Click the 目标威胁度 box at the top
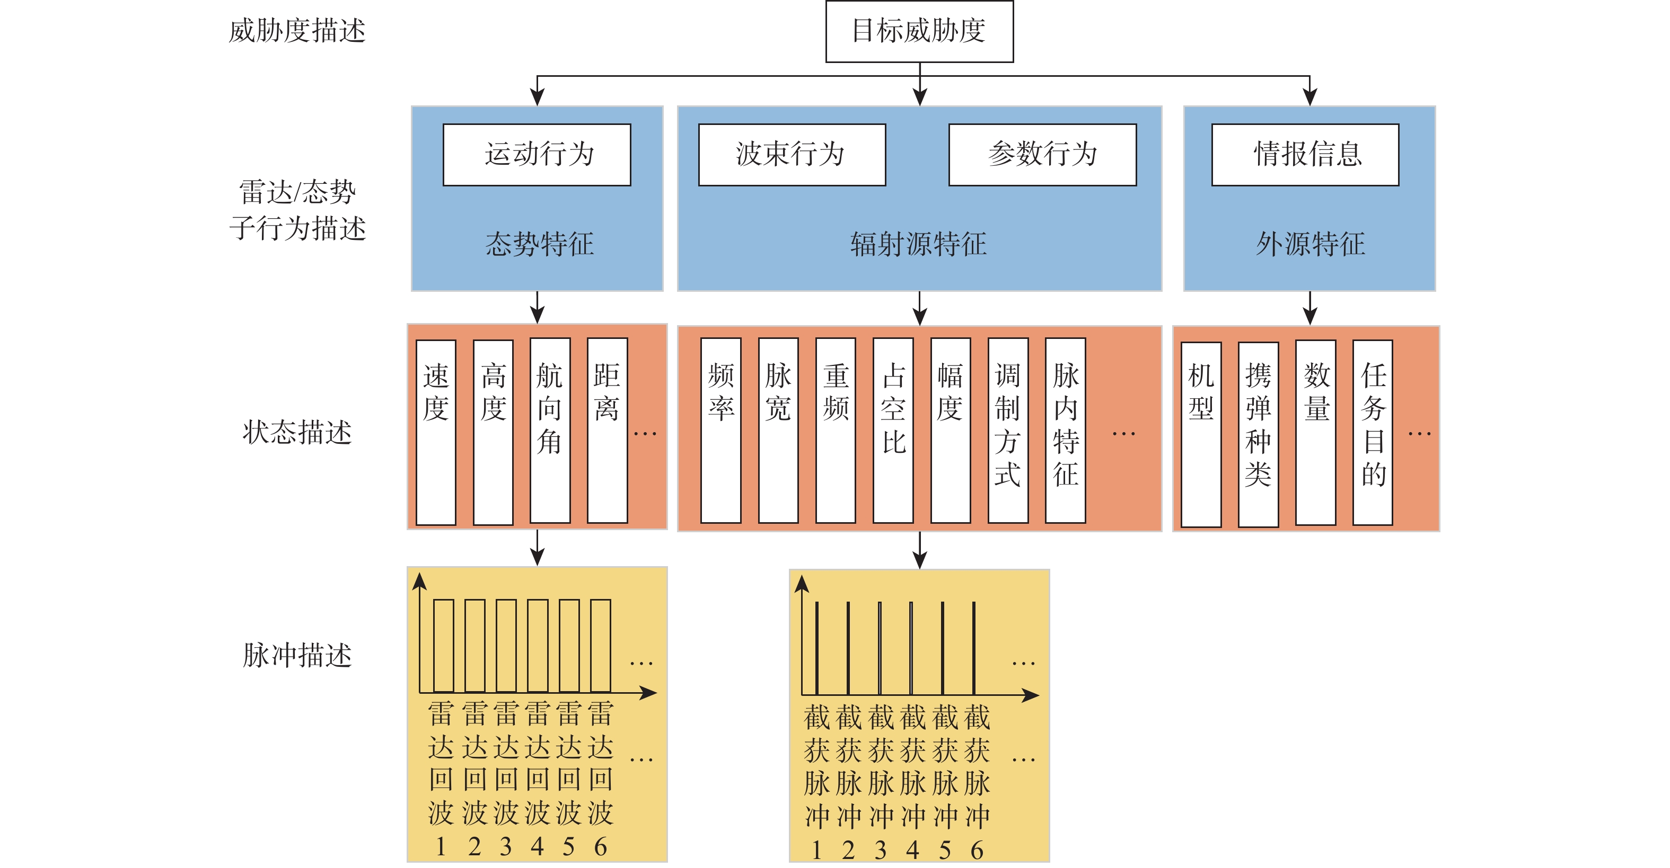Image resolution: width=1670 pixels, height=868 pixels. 919,31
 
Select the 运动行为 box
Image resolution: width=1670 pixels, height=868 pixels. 537,155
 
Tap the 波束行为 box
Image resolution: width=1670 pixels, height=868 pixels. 792,155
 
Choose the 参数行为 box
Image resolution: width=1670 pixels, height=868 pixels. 1042,155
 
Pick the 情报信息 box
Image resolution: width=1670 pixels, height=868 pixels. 1305,155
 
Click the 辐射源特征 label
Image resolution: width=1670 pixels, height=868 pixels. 919,244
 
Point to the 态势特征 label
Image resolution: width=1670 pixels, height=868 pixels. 539,244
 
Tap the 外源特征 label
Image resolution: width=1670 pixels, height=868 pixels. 1310,244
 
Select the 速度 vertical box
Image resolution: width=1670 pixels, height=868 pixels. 436,432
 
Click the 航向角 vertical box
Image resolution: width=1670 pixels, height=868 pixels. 550,430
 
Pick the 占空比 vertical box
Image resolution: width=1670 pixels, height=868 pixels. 893,430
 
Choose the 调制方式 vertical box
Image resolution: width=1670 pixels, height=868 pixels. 1007,430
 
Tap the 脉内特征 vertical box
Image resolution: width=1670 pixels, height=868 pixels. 1065,430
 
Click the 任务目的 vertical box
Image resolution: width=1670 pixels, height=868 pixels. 1373,433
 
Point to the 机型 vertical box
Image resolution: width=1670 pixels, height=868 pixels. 1201,434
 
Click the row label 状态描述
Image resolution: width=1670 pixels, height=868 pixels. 297,432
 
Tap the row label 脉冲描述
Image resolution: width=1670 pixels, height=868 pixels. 297,655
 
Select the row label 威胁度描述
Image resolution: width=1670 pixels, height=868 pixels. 297,31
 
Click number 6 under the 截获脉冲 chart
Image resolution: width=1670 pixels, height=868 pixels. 977,850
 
